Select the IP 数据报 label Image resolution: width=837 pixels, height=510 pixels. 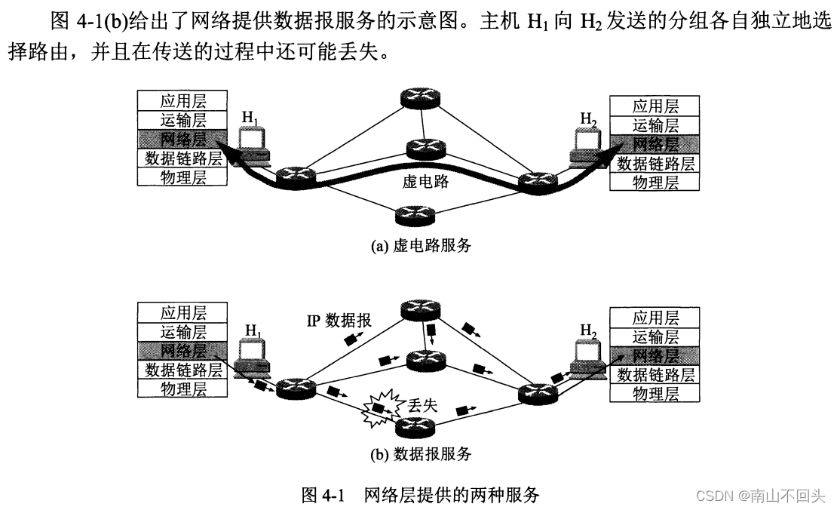[339, 321]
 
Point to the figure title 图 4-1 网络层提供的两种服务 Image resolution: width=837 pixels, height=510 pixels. [421, 495]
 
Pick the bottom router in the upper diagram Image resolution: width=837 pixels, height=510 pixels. [416, 216]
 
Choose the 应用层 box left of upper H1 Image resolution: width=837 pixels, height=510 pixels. [182, 100]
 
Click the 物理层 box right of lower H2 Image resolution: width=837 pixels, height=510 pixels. [655, 393]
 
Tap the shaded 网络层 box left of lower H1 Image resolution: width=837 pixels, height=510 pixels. [182, 351]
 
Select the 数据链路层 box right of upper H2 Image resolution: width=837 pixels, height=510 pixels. [655, 163]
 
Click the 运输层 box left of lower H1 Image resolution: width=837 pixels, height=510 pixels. [182, 332]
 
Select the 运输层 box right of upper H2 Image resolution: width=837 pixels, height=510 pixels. [655, 125]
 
